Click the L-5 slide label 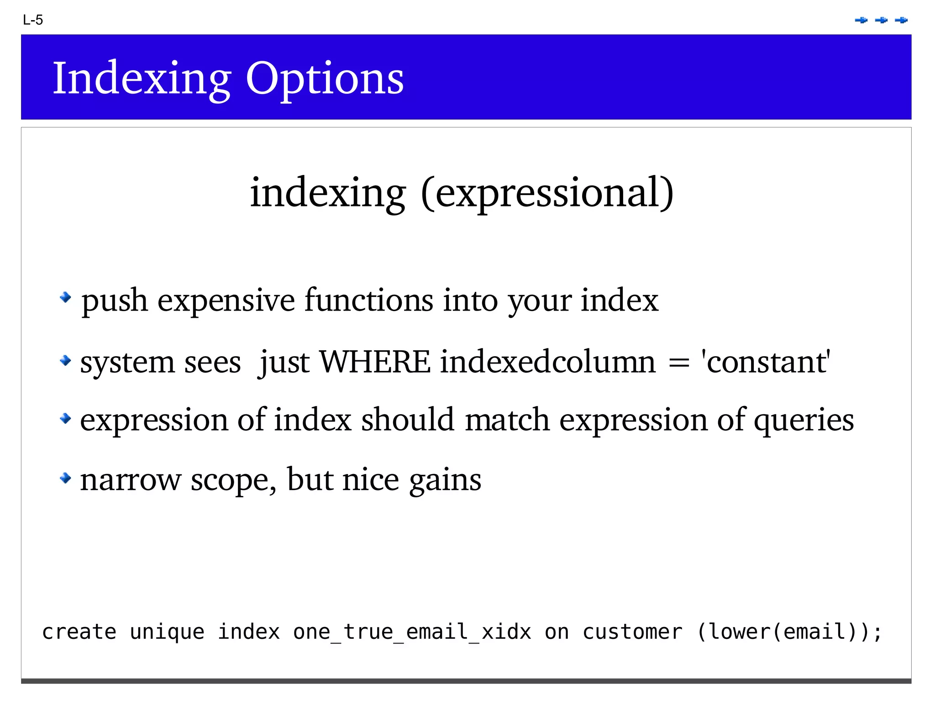pyautogui.click(x=33, y=20)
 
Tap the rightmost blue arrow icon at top pyautogui.click(x=901, y=20)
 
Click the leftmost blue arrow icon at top pyautogui.click(x=861, y=20)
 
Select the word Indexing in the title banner pyautogui.click(x=142, y=79)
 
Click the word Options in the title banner pyautogui.click(x=325, y=79)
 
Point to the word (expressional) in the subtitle pyautogui.click(x=547, y=193)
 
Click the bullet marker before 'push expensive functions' pyautogui.click(x=66, y=298)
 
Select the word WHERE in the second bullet pyautogui.click(x=375, y=362)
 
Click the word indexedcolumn pyautogui.click(x=548, y=362)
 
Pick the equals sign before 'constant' pyautogui.click(x=678, y=364)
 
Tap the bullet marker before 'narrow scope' pyautogui.click(x=66, y=478)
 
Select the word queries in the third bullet pyautogui.click(x=804, y=420)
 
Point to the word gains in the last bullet pyautogui.click(x=445, y=480)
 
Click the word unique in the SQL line pyautogui.click(x=167, y=632)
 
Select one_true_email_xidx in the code pyautogui.click(x=412, y=632)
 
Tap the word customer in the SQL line pyautogui.click(x=632, y=632)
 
